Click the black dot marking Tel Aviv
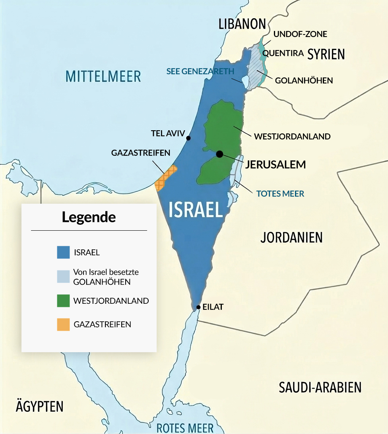[188, 138]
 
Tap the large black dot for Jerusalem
[219, 154]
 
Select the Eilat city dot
[198, 308]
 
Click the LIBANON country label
[242, 24]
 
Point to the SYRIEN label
[326, 54]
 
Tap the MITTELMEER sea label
[103, 76]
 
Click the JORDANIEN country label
[291, 237]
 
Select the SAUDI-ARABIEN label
[320, 387]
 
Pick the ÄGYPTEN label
[39, 406]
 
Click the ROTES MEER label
[185, 428]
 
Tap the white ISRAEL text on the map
[196, 209]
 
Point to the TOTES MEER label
[280, 194]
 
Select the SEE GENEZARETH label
[200, 71]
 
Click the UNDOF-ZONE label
[300, 34]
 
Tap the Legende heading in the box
[89, 218]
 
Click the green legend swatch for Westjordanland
[63, 301]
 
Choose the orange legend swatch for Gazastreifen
[63, 324]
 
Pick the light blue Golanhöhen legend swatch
[63, 277]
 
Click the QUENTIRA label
[283, 53]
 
